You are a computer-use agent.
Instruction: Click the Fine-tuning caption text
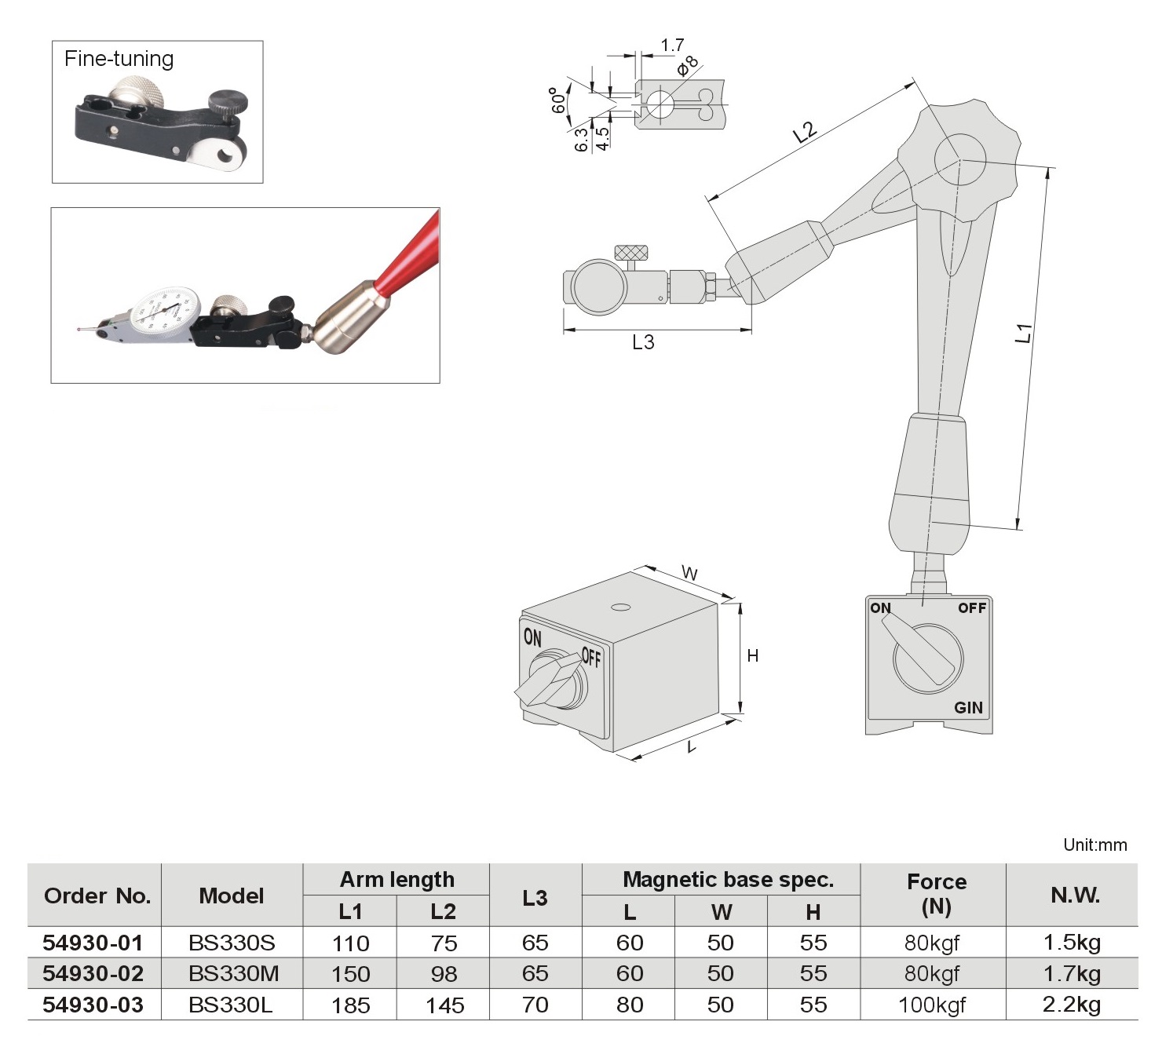(119, 59)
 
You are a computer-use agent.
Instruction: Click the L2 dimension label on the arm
(805, 132)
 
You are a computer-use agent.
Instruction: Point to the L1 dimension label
(1023, 333)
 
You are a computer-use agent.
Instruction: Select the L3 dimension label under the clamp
(643, 342)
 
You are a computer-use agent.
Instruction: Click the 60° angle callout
(558, 100)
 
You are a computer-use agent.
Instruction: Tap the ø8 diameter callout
(687, 66)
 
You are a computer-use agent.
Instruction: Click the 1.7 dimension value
(672, 46)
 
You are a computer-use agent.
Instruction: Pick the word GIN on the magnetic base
(968, 708)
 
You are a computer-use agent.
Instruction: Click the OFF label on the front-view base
(971, 608)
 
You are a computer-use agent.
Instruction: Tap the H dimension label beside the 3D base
(753, 656)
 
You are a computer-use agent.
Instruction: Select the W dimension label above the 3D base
(689, 574)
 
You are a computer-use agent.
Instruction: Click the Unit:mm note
(1094, 845)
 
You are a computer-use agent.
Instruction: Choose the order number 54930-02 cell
(93, 974)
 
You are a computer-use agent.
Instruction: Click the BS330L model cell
(231, 1005)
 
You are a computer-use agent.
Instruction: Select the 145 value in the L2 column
(444, 1005)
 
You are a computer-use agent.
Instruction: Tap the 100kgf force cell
(932, 1005)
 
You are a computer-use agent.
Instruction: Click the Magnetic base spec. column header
(728, 880)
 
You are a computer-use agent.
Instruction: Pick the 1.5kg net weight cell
(1072, 943)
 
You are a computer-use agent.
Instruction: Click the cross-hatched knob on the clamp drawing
(631, 253)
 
